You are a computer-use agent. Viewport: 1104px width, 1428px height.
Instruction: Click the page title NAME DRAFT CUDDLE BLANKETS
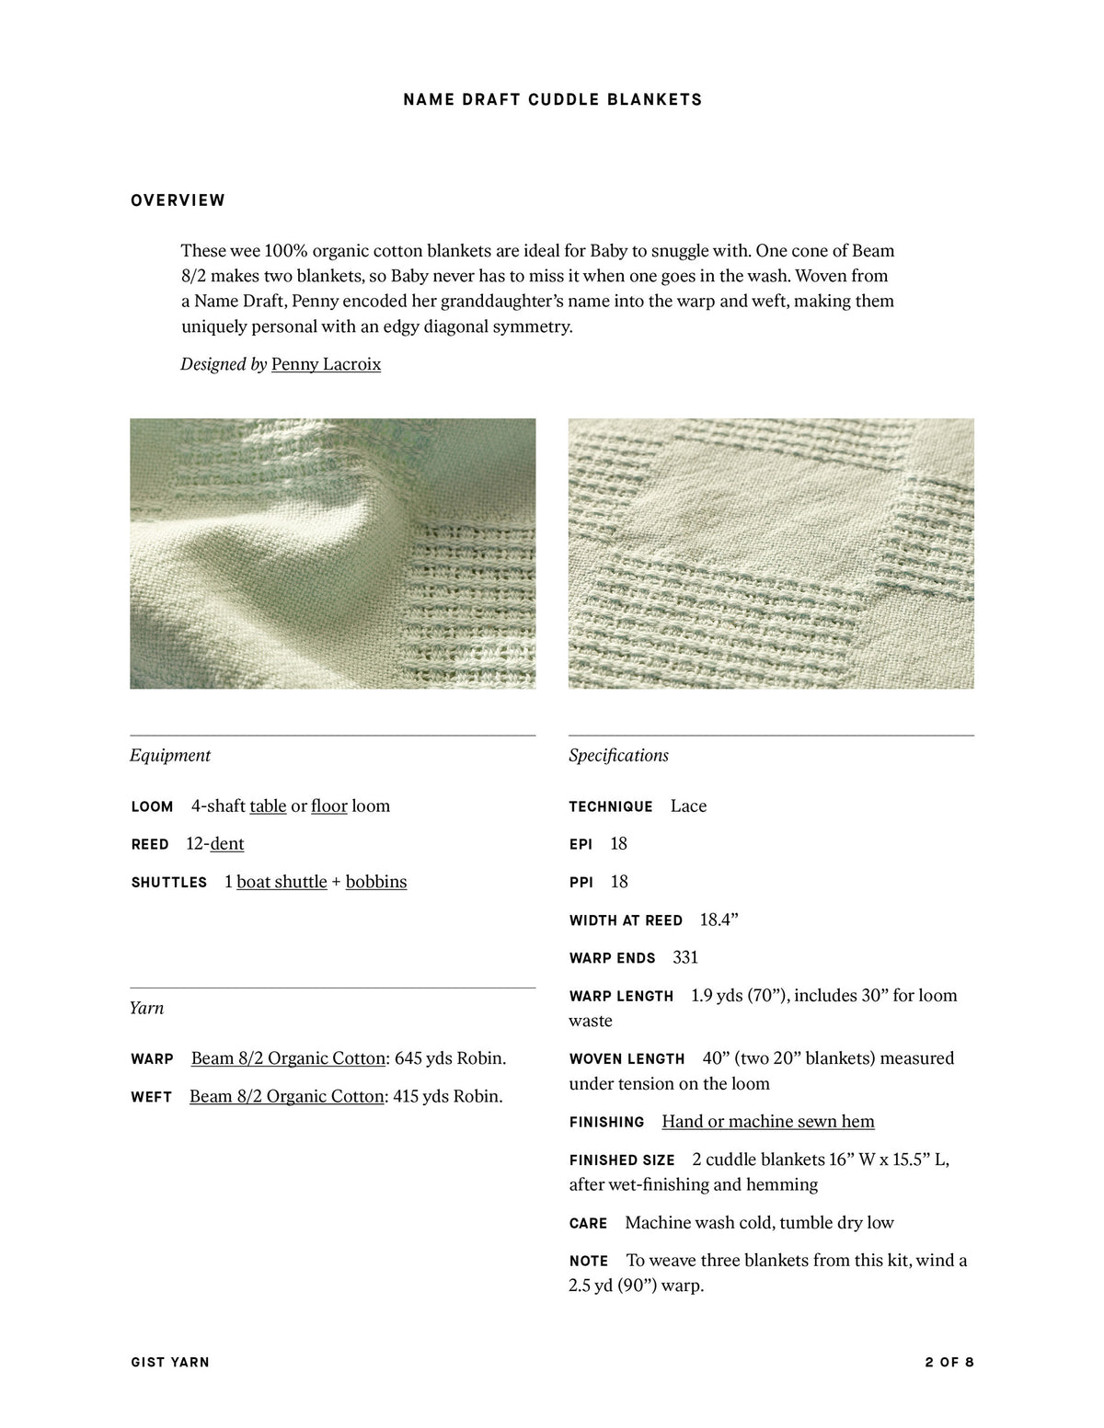[552, 99]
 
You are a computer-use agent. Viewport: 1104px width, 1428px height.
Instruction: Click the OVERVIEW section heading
[178, 200]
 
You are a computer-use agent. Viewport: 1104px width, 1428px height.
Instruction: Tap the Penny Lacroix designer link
[326, 364]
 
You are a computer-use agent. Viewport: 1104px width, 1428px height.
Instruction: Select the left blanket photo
[332, 554]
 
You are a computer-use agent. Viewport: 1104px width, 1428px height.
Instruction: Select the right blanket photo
[771, 554]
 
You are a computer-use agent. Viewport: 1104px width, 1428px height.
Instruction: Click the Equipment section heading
[170, 755]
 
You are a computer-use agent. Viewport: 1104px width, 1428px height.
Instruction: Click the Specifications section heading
[618, 755]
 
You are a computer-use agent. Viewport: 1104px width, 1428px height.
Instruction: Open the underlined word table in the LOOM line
[268, 806]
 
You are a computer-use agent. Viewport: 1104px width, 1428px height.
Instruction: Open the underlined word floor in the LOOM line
[328, 806]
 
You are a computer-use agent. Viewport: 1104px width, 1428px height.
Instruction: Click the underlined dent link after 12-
[227, 844]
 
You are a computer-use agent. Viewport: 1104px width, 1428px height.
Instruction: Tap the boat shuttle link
[282, 882]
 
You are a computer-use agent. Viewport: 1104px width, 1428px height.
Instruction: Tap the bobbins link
[376, 882]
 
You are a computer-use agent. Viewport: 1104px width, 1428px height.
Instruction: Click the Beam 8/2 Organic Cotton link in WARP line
[288, 1058]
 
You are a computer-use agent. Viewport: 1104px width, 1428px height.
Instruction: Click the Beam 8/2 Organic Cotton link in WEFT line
[286, 1096]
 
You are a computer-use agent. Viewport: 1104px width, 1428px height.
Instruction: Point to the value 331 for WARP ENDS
[685, 957]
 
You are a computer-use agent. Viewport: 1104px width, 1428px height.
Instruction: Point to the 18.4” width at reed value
[719, 920]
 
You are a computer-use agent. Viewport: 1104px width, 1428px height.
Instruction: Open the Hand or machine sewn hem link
[768, 1121]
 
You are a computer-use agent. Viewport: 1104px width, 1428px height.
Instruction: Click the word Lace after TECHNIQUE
[688, 806]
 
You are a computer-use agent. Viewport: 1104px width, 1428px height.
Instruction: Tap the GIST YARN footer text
[170, 1362]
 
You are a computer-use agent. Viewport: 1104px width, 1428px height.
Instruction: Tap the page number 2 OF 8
[949, 1362]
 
